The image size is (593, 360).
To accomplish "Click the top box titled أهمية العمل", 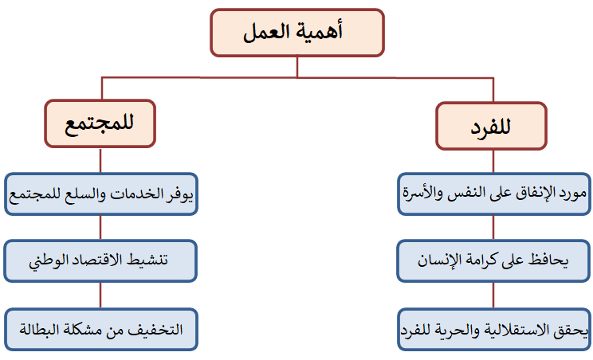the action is pyautogui.click(x=297, y=33).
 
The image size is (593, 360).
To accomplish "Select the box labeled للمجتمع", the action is pyautogui.click(x=100, y=123).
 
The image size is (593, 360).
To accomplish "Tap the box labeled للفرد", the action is pyautogui.click(x=491, y=126).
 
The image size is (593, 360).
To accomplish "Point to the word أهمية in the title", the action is pyautogui.click(x=320, y=31).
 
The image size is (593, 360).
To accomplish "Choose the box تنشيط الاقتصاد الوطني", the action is pyautogui.click(x=100, y=260).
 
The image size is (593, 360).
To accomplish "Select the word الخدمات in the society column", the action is pyautogui.click(x=136, y=194).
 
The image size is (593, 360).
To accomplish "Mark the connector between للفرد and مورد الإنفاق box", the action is pyautogui.click(x=493, y=162).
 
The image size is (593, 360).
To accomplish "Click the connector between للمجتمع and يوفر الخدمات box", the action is pyautogui.click(x=100, y=161).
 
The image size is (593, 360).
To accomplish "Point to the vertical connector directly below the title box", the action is pyautogui.click(x=297, y=67).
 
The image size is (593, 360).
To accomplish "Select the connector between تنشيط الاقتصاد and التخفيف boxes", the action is pyautogui.click(x=100, y=295).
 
